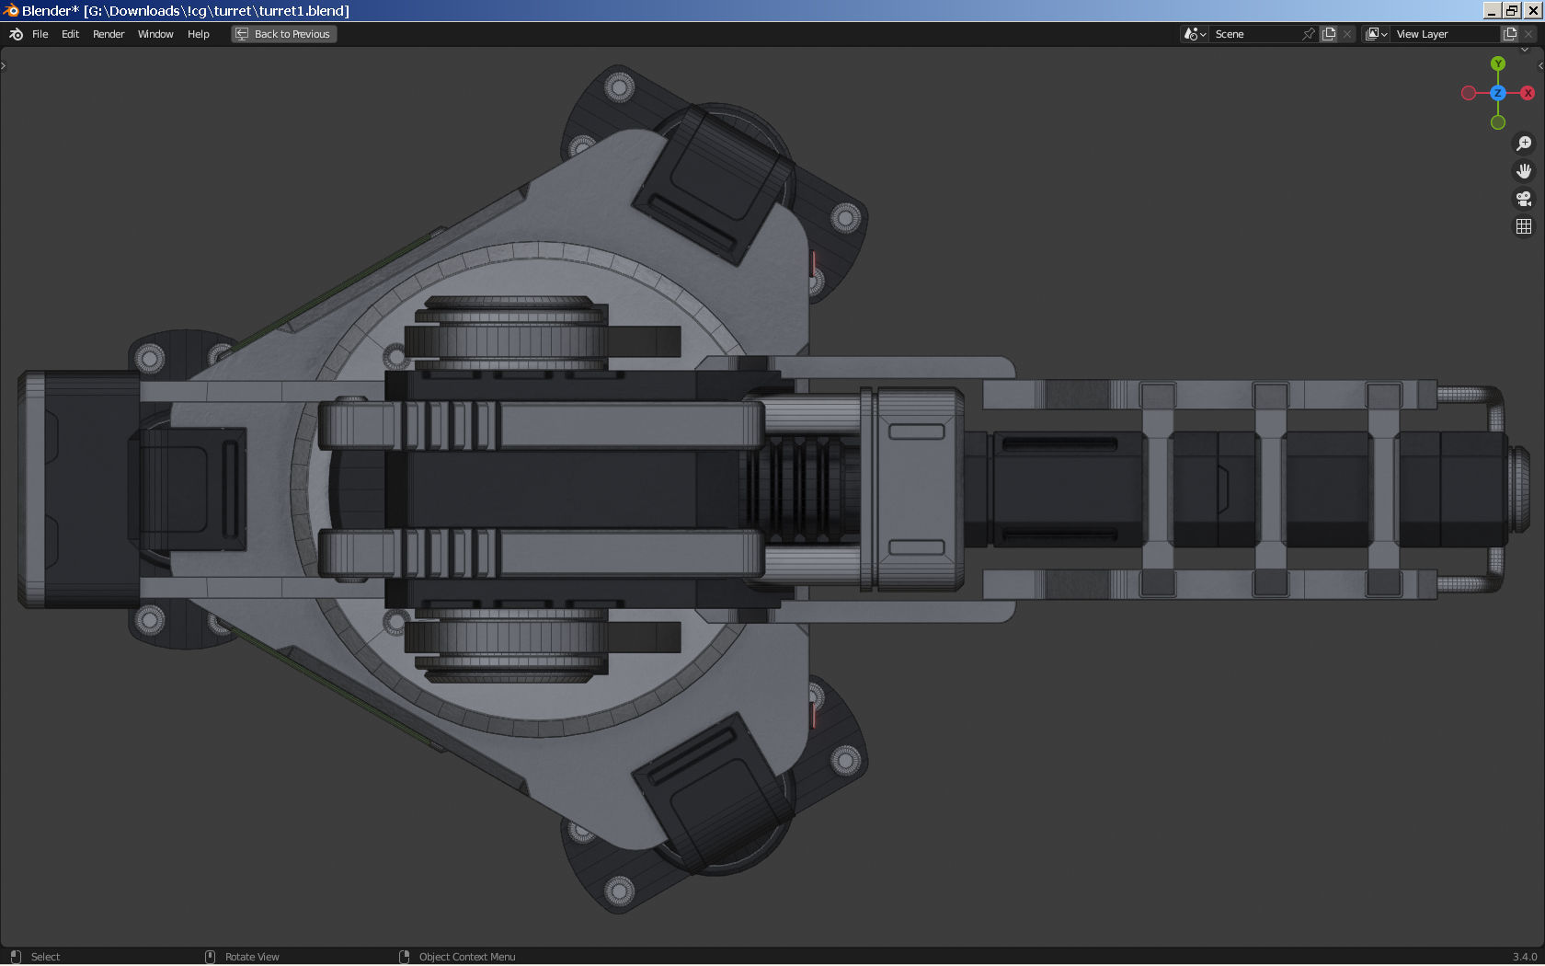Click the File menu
point(40,34)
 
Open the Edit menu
point(70,34)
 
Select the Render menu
point(109,34)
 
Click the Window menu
point(155,34)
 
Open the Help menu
point(198,34)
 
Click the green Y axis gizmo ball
point(1498,63)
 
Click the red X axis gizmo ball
point(1528,93)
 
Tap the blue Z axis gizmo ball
point(1498,93)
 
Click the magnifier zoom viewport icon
point(1524,144)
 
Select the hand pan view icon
point(1524,171)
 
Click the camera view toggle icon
point(1524,199)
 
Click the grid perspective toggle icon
point(1524,226)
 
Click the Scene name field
point(1254,34)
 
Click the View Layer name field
point(1444,34)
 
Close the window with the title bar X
point(1533,10)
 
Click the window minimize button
point(1492,10)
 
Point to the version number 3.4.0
point(1524,957)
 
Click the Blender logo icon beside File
point(16,34)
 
